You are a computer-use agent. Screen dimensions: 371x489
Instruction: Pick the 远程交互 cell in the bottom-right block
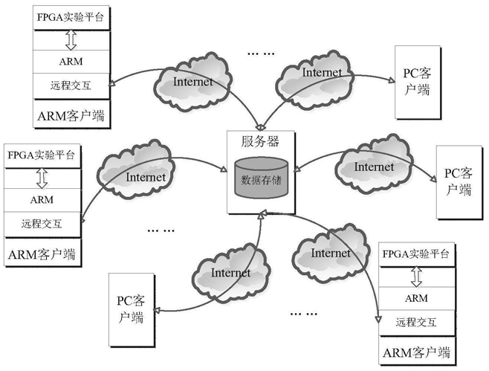[x=416, y=322]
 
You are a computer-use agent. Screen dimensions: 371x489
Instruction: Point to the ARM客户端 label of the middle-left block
[x=42, y=254]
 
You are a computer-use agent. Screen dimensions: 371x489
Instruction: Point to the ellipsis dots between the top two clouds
[x=261, y=54]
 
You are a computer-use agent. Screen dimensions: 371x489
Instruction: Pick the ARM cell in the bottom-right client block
[x=416, y=298]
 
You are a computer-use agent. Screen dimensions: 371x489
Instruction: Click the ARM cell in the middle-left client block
[x=42, y=199]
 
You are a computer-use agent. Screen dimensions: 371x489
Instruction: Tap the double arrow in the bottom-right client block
[x=416, y=276]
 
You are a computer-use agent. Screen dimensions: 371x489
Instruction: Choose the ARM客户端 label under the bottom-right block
[x=416, y=351]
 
